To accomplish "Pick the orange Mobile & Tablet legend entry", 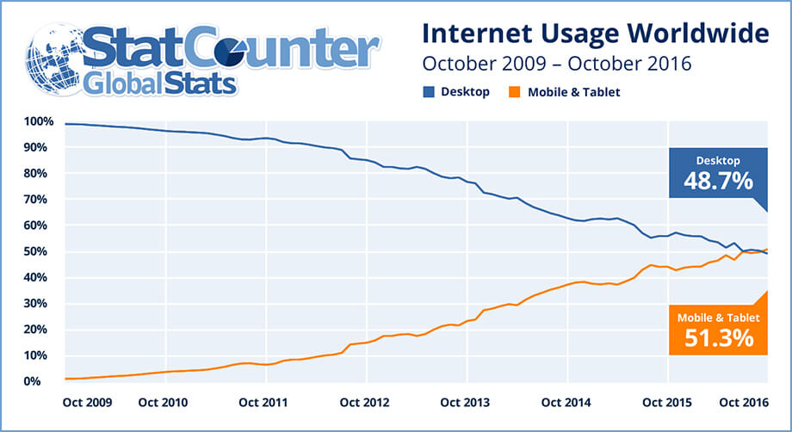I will tap(567, 91).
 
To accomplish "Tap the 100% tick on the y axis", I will tap(40, 121).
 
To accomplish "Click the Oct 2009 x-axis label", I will tap(86, 402).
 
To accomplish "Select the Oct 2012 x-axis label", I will tap(365, 402).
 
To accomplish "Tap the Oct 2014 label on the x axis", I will tap(565, 402).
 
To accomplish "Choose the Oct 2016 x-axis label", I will tap(742, 402).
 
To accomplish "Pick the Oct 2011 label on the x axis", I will tap(263, 402).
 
